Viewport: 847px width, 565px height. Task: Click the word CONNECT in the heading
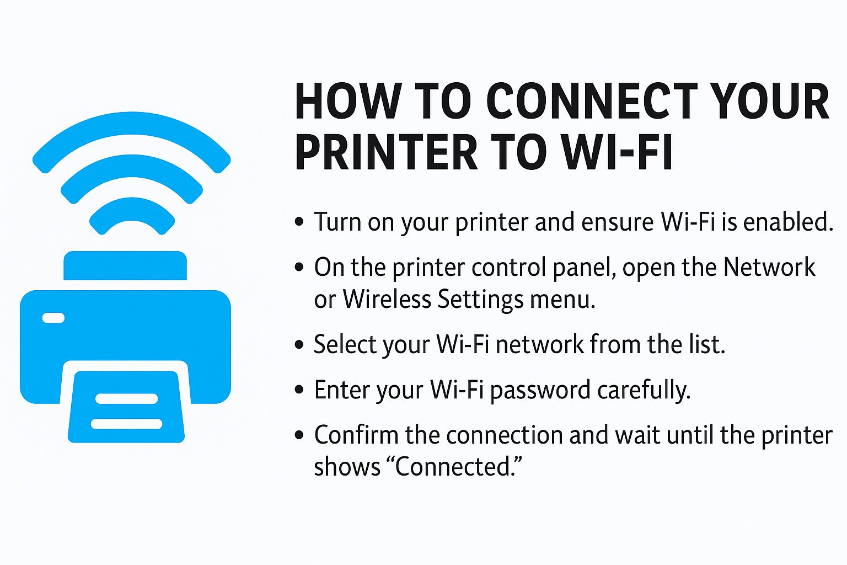point(591,101)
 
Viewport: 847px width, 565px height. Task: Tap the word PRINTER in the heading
point(385,152)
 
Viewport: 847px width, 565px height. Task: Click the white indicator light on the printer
point(53,318)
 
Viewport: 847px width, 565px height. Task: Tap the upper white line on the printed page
point(126,399)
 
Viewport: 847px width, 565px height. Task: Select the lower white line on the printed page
point(126,424)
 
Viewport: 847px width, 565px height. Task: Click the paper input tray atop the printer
point(125,265)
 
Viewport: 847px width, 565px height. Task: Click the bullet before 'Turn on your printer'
point(299,222)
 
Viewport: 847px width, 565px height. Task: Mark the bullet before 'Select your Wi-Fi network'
point(299,345)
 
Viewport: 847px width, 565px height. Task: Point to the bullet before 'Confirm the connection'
point(299,435)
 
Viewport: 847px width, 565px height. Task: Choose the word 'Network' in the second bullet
point(769,267)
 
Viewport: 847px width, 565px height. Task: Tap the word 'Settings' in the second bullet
point(481,299)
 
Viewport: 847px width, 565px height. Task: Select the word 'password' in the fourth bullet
point(540,390)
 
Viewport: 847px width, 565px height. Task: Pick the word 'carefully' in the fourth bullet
point(640,390)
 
